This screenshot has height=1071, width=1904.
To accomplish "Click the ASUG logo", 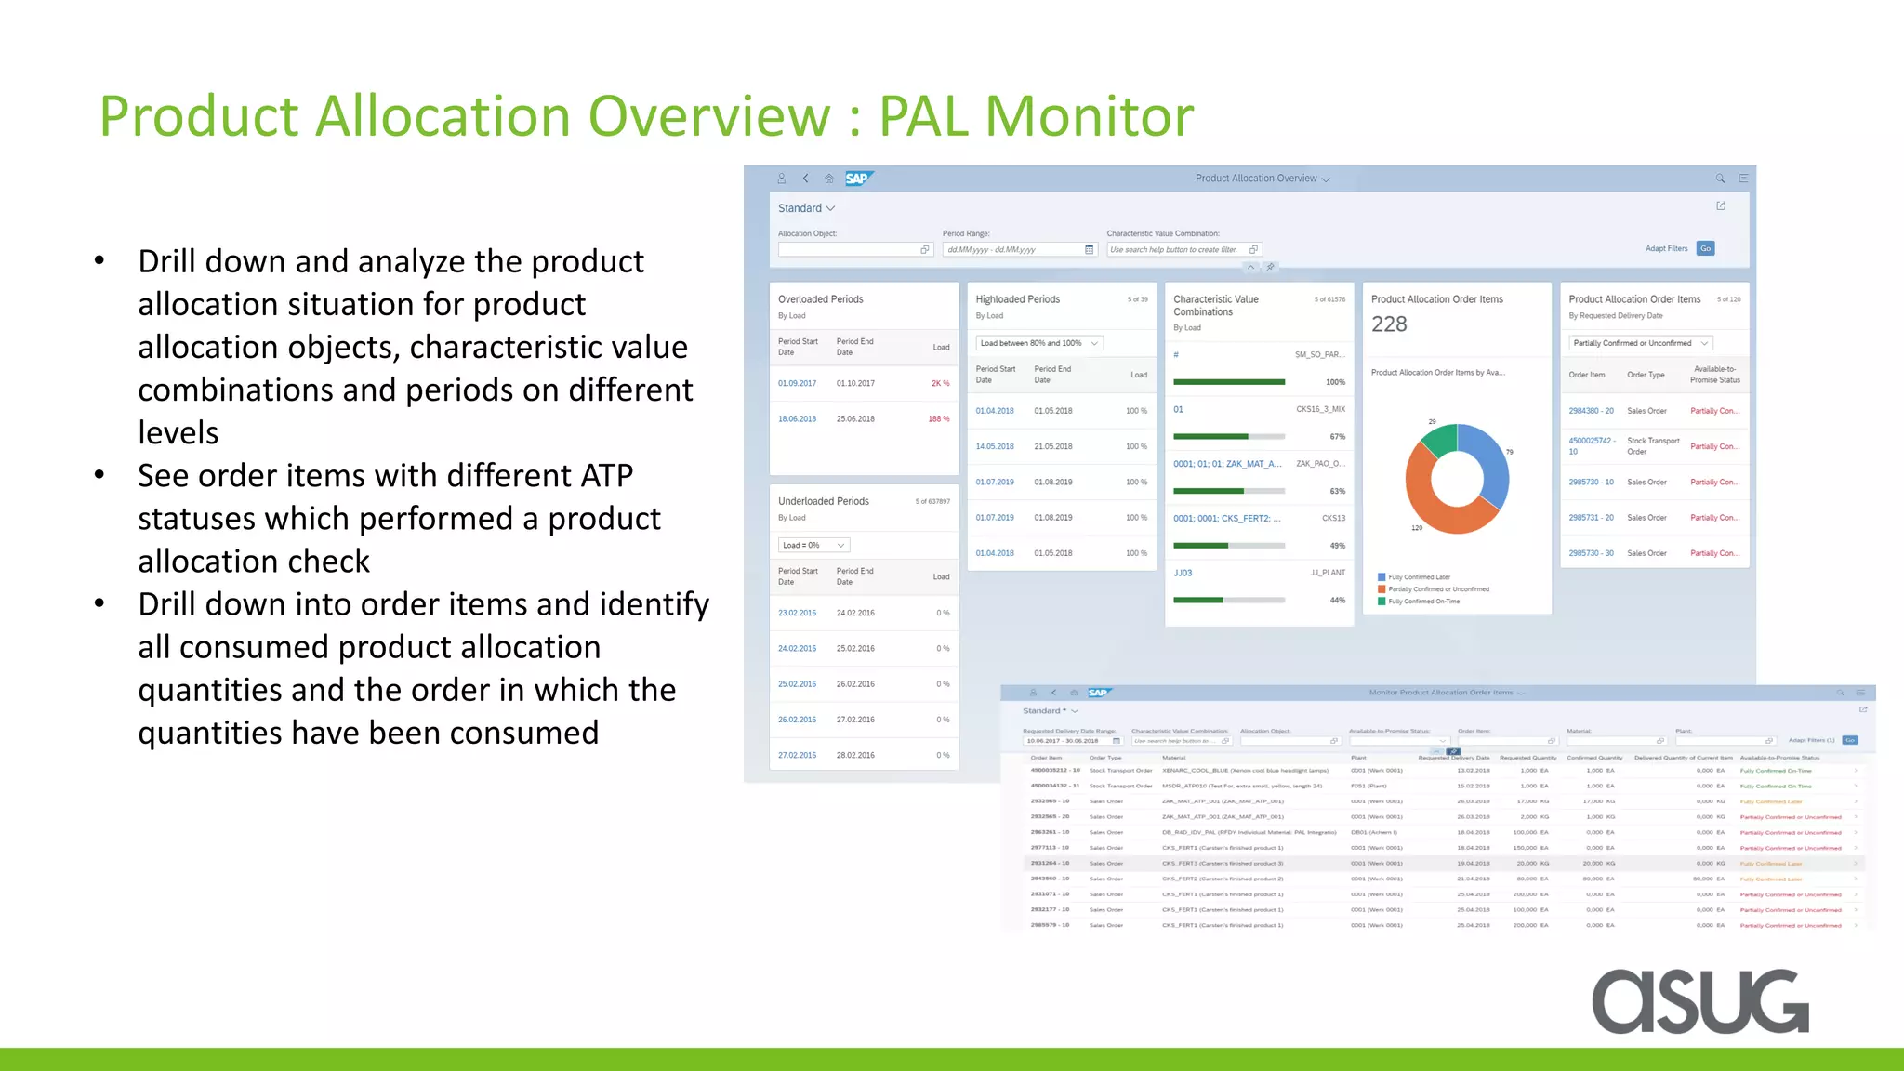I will coord(1700,1001).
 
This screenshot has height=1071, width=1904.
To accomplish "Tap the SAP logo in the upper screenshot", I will coord(857,178).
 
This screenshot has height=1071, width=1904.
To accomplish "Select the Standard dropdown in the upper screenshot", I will coord(806,208).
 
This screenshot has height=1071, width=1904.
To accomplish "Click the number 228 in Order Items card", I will coord(1389,324).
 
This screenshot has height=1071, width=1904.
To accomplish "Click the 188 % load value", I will coord(938,419).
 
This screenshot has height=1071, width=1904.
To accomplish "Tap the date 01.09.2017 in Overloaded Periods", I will coord(797,383).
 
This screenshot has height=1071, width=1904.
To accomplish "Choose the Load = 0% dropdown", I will coord(813,546).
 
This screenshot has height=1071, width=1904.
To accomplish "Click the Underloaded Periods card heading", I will coord(823,501).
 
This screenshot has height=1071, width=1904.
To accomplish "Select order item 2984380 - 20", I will coord(1591,411).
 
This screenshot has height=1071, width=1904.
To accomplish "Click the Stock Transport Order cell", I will coord(1652,446).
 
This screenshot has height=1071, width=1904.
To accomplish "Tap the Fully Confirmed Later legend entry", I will coord(1419,577).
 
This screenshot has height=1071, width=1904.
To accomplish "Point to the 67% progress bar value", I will coord(1337,437).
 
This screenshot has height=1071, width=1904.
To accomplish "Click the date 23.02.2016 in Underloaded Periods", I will coord(797,613).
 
